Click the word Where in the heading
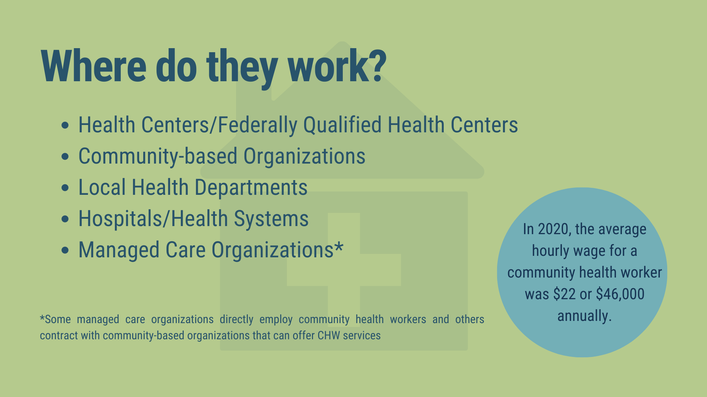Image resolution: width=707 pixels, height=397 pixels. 94,66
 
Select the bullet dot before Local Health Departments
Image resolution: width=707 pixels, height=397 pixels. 65,188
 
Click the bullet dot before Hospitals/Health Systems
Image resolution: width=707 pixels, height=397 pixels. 65,219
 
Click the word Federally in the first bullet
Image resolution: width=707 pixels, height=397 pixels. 257,125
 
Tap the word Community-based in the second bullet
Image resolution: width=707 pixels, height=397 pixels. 158,157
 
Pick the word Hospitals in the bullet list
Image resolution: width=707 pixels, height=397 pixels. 120,219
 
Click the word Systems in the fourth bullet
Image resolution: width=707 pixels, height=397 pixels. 271,219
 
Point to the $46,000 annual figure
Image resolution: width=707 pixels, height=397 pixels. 620,294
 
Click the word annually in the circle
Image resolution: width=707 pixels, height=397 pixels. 584,316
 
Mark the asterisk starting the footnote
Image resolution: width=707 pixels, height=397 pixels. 42,317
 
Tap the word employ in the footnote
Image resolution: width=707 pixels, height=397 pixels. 276,319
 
